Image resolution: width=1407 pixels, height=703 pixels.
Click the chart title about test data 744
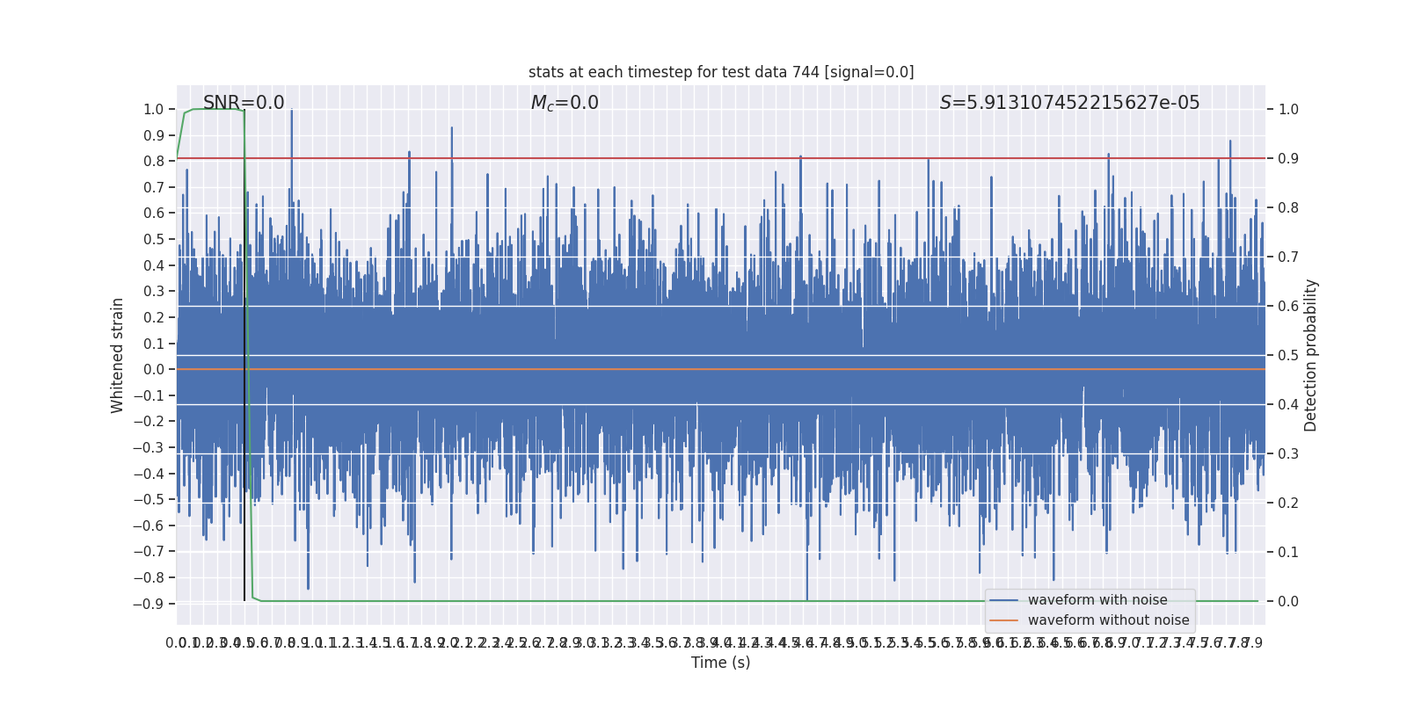(x=721, y=72)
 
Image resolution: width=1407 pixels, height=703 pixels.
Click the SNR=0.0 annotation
(x=244, y=103)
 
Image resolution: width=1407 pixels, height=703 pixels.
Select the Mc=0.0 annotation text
(x=565, y=103)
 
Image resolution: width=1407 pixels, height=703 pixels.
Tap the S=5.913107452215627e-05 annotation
(x=1069, y=103)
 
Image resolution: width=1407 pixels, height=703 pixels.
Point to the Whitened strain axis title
(x=118, y=355)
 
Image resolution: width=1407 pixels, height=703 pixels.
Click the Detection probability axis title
(x=1311, y=355)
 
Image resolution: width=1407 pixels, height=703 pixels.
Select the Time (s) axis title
(x=720, y=663)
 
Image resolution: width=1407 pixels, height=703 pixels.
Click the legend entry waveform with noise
(x=1097, y=600)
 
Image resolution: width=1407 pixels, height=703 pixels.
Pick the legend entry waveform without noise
(x=1108, y=620)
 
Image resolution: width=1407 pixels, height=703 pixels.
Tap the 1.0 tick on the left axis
(x=153, y=110)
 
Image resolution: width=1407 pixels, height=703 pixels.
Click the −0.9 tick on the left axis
(x=149, y=604)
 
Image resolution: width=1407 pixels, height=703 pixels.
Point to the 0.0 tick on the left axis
(x=153, y=370)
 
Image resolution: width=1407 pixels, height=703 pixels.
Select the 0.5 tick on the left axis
(x=153, y=240)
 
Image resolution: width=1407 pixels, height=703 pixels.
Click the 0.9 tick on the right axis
(x=1288, y=159)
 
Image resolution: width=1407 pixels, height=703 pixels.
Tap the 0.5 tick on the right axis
(x=1288, y=356)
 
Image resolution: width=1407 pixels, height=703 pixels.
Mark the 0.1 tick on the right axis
(x=1288, y=553)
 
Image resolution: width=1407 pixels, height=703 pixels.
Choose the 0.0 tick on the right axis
(x=1288, y=602)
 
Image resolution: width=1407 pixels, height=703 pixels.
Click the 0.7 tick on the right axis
(x=1288, y=257)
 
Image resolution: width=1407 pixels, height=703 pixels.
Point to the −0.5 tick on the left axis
(x=149, y=500)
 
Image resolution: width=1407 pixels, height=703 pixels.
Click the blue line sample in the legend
(x=1003, y=600)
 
